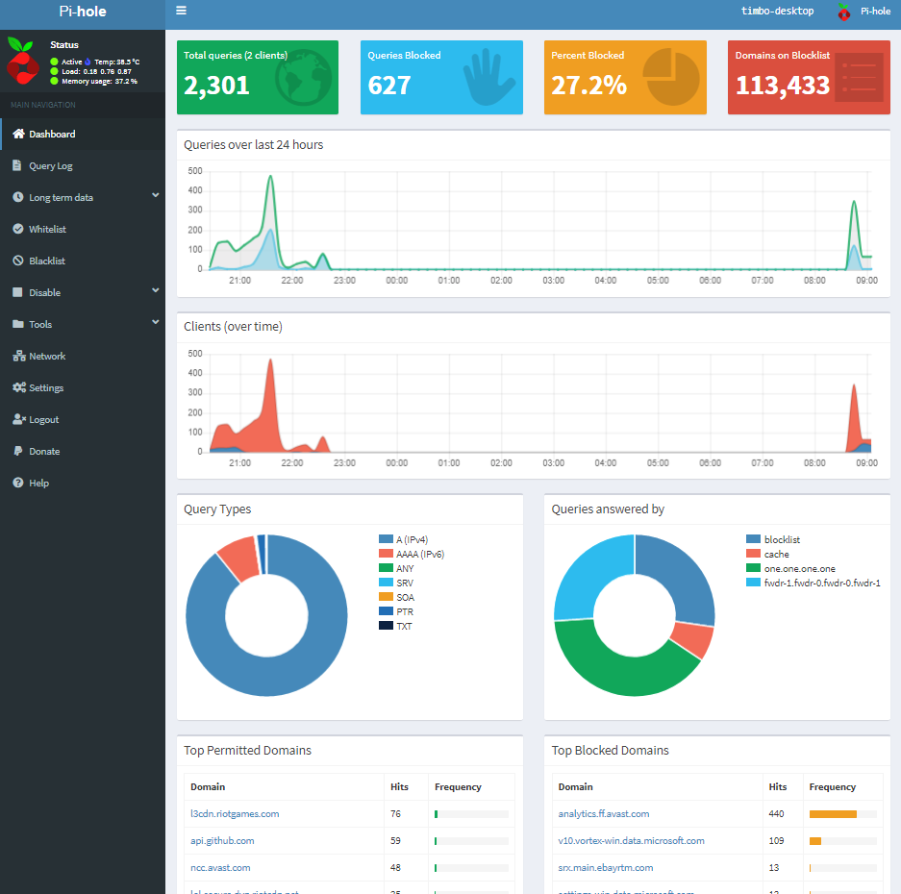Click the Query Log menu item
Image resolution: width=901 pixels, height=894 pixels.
(50, 166)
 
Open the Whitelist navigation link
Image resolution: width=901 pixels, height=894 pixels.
(47, 230)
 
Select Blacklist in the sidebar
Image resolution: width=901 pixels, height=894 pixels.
(47, 261)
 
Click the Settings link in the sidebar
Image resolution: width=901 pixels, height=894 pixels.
(46, 388)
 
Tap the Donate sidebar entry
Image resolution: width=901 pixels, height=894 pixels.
(44, 452)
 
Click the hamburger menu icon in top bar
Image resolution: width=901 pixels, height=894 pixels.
(181, 12)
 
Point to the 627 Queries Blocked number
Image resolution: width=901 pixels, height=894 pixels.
(389, 86)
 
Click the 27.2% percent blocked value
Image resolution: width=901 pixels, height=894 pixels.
(588, 86)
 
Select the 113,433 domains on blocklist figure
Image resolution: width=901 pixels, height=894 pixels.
(782, 86)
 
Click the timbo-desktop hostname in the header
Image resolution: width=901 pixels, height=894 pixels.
(777, 12)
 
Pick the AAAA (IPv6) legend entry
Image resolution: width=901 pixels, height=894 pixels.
(420, 555)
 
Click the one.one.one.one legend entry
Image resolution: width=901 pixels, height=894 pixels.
(799, 568)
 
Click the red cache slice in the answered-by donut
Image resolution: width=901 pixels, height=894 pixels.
(691, 639)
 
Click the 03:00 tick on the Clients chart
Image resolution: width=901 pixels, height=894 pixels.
(553, 463)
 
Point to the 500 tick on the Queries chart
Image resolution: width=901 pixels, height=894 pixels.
(194, 171)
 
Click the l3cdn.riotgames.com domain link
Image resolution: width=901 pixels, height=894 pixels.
(235, 814)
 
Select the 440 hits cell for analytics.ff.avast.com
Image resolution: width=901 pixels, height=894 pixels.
(777, 814)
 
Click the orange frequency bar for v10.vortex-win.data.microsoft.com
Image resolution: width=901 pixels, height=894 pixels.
(815, 841)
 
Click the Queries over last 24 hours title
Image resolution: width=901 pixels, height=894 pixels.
(253, 145)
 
